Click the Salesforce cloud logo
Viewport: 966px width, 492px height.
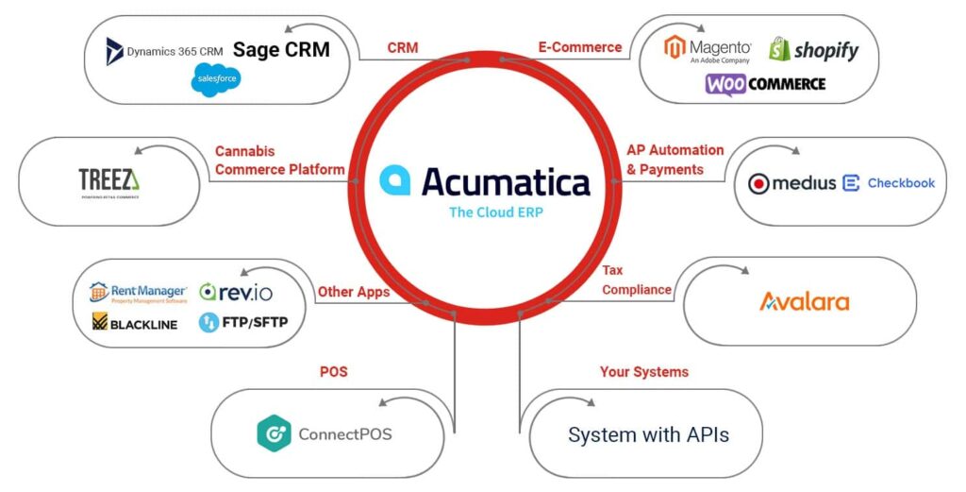coord(215,79)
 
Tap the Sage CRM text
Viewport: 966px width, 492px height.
coord(281,49)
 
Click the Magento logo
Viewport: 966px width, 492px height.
coord(708,49)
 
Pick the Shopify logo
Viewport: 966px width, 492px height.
coord(813,49)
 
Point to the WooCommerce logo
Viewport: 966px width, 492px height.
coord(765,84)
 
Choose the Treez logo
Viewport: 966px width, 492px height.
coord(108,180)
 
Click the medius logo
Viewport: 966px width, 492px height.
coord(791,183)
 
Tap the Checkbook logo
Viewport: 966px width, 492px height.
coord(889,183)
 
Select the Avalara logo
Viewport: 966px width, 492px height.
coord(805,302)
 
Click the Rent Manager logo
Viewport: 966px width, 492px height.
coord(136,292)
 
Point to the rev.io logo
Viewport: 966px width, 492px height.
coord(236,292)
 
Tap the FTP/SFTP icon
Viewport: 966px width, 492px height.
coord(208,323)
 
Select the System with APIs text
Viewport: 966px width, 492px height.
coord(648,435)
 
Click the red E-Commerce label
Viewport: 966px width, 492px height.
coord(579,47)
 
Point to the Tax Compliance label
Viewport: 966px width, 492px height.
coord(637,280)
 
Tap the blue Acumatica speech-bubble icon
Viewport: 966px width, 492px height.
coord(393,179)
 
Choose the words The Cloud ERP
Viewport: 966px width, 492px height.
coord(495,212)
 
